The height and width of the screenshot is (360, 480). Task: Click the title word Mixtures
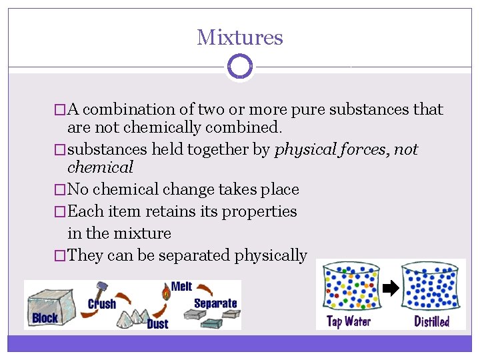[x=239, y=37]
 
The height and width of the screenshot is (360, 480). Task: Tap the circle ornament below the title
[x=239, y=67]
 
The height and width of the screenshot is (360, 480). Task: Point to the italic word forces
[x=360, y=149]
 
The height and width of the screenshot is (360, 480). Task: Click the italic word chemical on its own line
[x=100, y=167]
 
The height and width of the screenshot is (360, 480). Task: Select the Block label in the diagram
[x=45, y=318]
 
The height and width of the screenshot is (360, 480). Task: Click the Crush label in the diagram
[x=102, y=304]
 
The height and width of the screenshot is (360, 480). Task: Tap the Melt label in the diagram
[x=181, y=287]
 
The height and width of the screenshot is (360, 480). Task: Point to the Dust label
[x=157, y=324]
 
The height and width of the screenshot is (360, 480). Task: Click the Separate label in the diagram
[x=215, y=303]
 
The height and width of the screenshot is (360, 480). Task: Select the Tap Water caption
[x=349, y=321]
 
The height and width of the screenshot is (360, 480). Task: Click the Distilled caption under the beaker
[x=431, y=321]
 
